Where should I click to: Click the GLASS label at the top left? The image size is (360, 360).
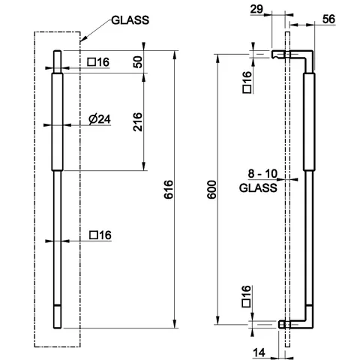tap(130, 20)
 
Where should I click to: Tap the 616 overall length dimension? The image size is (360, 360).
tap(169, 189)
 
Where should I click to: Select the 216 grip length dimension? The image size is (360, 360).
tap(137, 121)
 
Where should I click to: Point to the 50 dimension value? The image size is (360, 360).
tap(138, 62)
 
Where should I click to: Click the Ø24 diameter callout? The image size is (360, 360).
tap(100, 119)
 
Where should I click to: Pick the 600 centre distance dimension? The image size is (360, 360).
tap(211, 190)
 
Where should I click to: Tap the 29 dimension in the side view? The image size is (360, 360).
tap(256, 9)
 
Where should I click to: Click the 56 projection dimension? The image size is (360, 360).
tap(328, 19)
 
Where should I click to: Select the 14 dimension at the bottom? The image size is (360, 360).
tap(259, 352)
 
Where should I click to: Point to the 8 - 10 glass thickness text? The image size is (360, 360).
tap(262, 173)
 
